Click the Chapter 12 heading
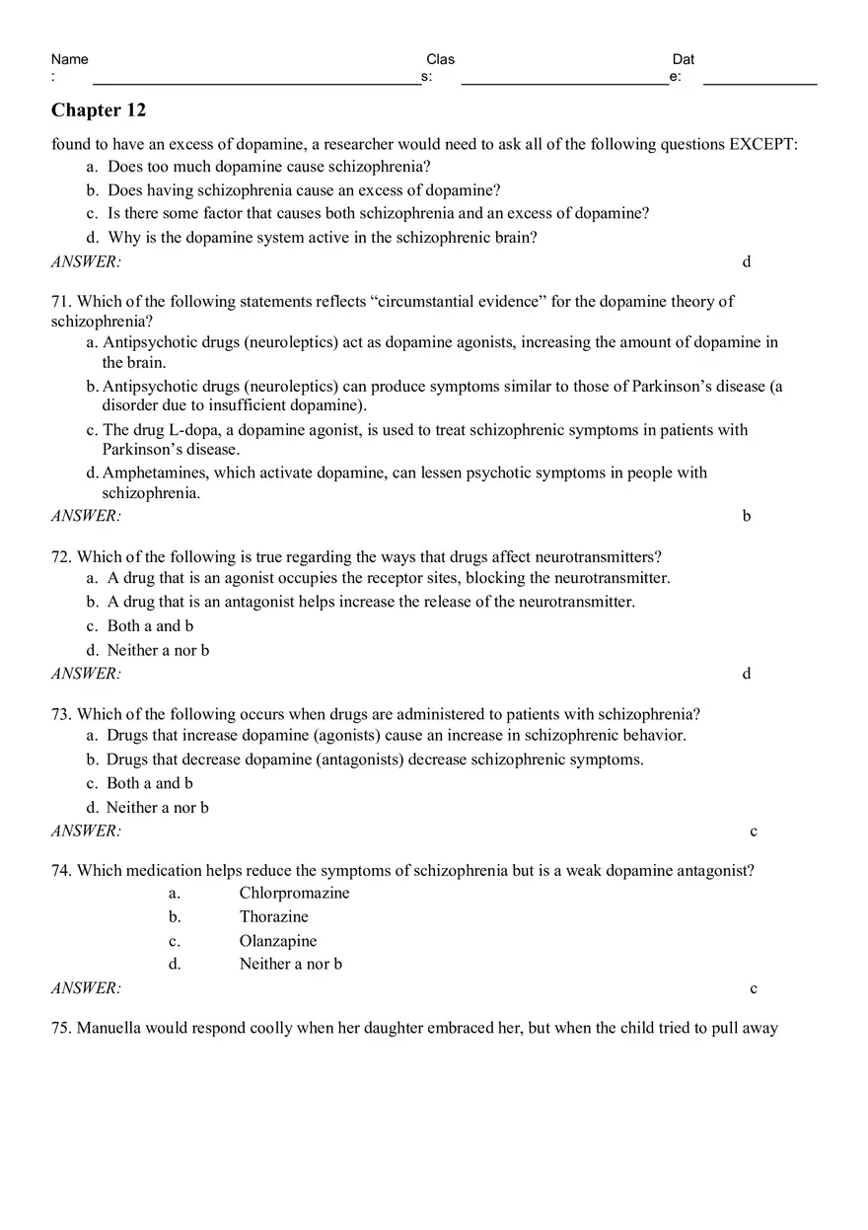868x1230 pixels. [99, 110]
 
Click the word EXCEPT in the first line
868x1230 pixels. [761, 144]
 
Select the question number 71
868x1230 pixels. [61, 301]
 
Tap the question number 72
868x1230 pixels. [61, 556]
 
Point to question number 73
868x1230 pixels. [61, 713]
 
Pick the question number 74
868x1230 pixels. [61, 870]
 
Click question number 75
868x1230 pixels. [61, 1028]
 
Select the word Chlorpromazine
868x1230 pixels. [294, 893]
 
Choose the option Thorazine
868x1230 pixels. [273, 916]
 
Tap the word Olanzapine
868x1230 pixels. [278, 941]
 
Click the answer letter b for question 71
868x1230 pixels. [747, 516]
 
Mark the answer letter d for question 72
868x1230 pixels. [747, 674]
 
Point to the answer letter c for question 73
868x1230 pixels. [754, 832]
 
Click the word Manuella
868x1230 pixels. [110, 1028]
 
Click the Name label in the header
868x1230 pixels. [69, 59]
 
